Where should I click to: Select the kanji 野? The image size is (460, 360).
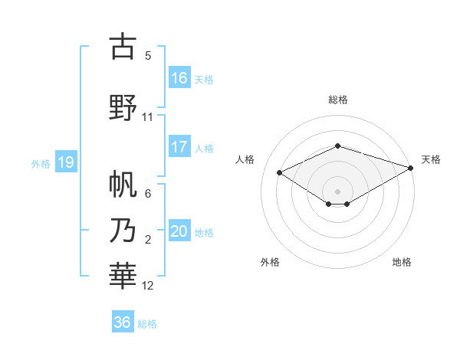(123, 108)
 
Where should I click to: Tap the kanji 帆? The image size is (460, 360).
(123, 185)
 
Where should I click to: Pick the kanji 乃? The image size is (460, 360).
(123, 231)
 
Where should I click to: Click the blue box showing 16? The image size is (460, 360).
(179, 78)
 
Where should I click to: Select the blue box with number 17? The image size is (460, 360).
(179, 148)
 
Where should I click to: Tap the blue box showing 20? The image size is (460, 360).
(179, 232)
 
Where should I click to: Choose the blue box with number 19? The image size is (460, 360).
(65, 162)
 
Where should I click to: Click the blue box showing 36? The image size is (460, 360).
(123, 322)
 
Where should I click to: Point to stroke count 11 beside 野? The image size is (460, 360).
(148, 117)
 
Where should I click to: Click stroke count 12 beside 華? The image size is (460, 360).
(148, 286)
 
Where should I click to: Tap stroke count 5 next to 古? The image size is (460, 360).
(148, 55)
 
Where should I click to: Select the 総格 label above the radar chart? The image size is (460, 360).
(337, 100)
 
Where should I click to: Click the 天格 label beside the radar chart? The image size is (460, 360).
(431, 159)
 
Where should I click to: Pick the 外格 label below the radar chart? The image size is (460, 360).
(270, 262)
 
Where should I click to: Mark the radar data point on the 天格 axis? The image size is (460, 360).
(412, 169)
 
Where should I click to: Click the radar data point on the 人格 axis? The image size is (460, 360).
(280, 172)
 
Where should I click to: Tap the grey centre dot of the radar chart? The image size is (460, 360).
(337, 191)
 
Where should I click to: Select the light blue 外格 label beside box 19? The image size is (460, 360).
(40, 163)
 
